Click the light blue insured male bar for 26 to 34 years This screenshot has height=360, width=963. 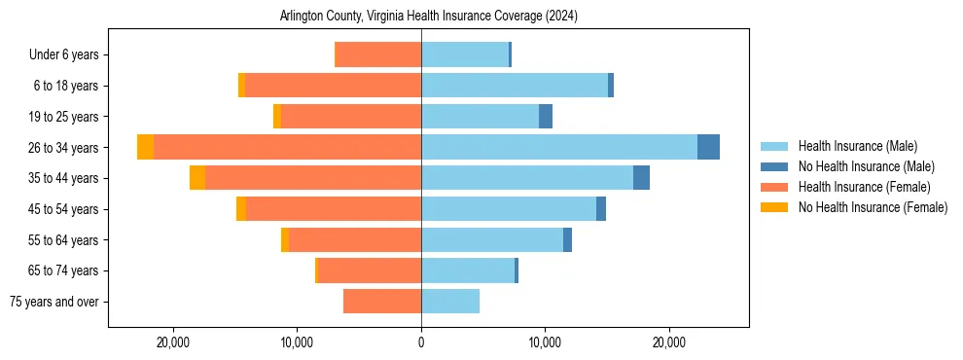[559, 147]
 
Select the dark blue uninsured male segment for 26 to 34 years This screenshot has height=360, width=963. [708, 147]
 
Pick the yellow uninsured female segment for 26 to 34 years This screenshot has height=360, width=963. [146, 147]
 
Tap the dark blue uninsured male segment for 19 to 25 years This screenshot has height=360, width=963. [546, 117]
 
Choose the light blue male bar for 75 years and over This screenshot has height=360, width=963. [450, 302]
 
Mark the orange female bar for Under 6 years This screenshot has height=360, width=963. [377, 54]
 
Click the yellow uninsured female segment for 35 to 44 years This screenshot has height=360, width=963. [197, 178]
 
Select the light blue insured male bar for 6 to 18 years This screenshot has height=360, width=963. [515, 86]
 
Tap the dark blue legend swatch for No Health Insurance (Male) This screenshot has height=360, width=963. [774, 166]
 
